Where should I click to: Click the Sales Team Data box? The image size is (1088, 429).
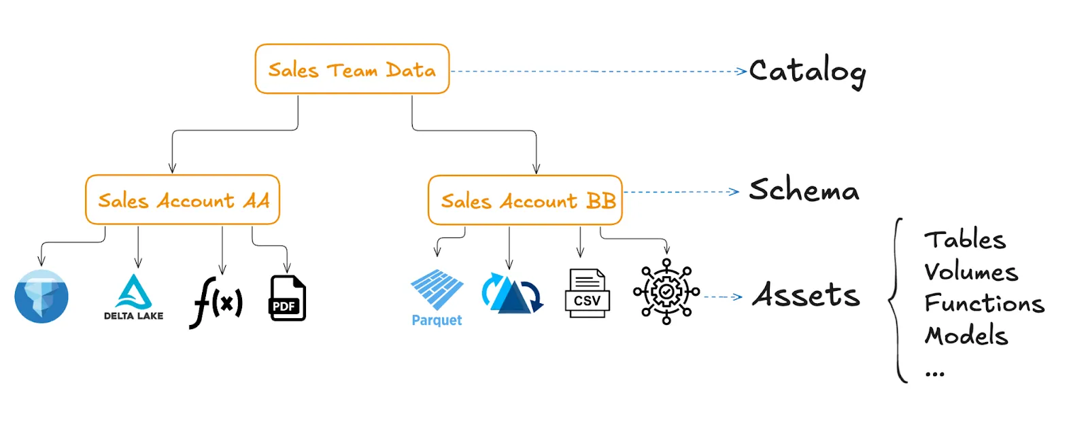click(352, 69)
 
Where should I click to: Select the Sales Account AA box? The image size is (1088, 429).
click(182, 200)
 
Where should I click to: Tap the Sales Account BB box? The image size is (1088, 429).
click(525, 201)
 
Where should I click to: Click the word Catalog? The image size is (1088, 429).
click(807, 71)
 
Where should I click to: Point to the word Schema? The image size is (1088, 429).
click(804, 190)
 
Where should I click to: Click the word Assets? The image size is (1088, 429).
click(806, 296)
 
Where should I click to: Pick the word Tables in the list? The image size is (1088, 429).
click(964, 240)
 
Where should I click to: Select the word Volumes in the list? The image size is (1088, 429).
click(970, 272)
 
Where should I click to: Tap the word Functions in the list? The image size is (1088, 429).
click(983, 303)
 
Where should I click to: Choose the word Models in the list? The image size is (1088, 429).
click(966, 335)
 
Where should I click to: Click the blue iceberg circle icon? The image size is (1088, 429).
click(41, 296)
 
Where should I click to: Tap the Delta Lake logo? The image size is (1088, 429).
click(134, 297)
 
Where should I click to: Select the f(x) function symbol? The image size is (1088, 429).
click(216, 301)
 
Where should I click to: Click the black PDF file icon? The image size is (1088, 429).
click(288, 298)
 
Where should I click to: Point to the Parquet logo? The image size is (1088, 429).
click(437, 298)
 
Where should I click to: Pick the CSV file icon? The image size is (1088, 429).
click(587, 293)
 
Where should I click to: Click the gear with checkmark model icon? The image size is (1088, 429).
click(666, 292)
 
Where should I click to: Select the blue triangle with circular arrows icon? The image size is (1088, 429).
click(512, 294)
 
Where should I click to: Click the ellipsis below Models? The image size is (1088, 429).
click(934, 373)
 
